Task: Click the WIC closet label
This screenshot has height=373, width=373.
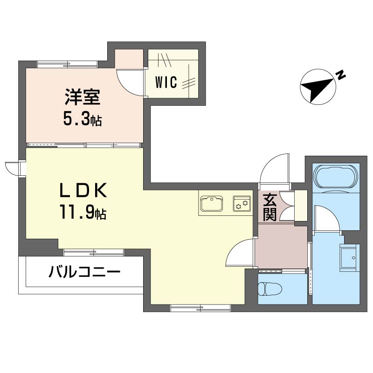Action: pos(166,83)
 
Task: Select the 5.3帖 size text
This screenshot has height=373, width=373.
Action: pos(83,120)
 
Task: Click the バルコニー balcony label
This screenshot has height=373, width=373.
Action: pos(84,272)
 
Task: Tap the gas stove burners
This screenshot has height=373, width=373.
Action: pos(242,204)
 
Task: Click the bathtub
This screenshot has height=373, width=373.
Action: pos(336,177)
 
